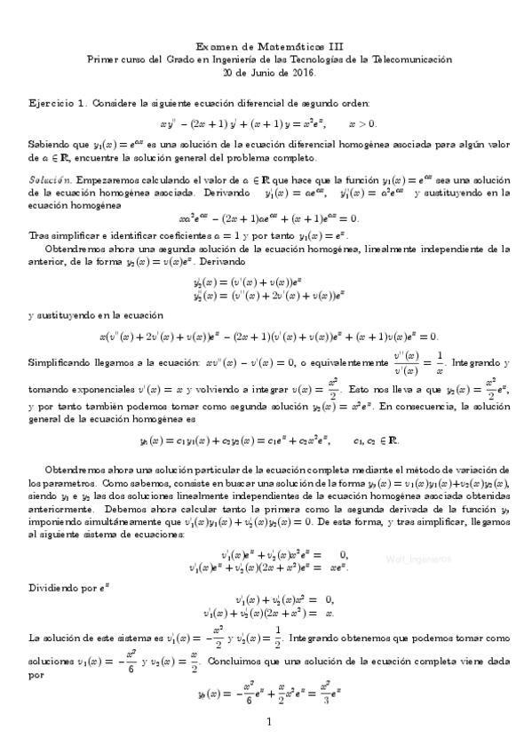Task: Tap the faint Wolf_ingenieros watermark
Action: click(x=421, y=560)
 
